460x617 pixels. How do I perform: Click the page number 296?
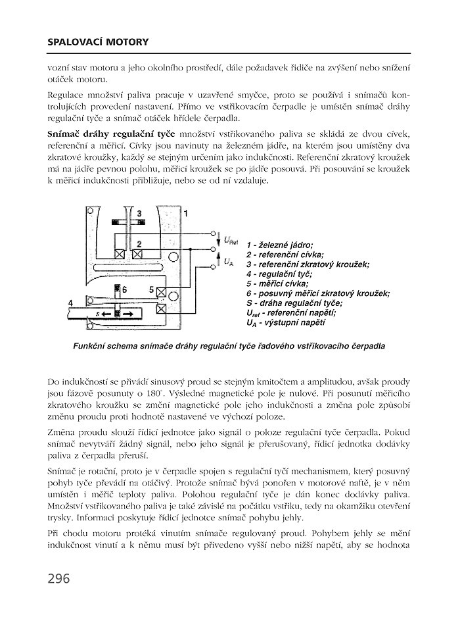pyautogui.click(x=58, y=579)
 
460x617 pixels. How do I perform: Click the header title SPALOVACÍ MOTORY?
pyautogui.click(x=98, y=43)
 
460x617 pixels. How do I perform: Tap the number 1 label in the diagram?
pyautogui.click(x=186, y=213)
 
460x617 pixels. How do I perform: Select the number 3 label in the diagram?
pyautogui.click(x=139, y=214)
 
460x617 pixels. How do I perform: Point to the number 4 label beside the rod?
pyautogui.click(x=71, y=302)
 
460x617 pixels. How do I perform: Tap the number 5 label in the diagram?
pyautogui.click(x=151, y=289)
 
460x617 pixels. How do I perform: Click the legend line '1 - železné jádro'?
pyautogui.click(x=279, y=244)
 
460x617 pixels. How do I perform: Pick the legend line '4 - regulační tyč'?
pyautogui.click(x=279, y=274)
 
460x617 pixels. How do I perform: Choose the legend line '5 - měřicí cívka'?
pyautogui.click(x=277, y=284)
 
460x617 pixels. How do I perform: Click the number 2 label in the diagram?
pyautogui.click(x=139, y=243)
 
